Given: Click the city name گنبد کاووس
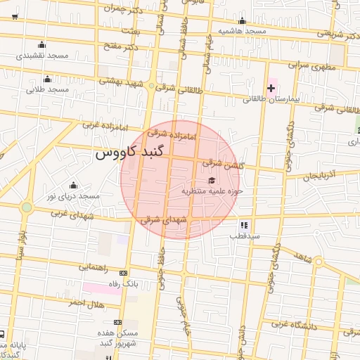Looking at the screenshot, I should click(x=129, y=153).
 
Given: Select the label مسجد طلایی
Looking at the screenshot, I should click(x=47, y=90).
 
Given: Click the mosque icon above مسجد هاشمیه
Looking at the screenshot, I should click(x=242, y=20).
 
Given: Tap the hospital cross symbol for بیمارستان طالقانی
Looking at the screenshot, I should click(x=271, y=88).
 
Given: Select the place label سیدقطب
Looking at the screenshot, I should click(x=244, y=236).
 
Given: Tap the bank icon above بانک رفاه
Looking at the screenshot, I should click(x=124, y=273).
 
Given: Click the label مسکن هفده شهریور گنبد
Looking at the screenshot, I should click(x=117, y=337).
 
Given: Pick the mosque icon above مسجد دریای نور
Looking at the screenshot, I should click(x=69, y=184).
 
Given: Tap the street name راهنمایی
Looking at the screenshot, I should click(x=91, y=267).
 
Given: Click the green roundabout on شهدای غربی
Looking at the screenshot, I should click(x=27, y=207).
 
